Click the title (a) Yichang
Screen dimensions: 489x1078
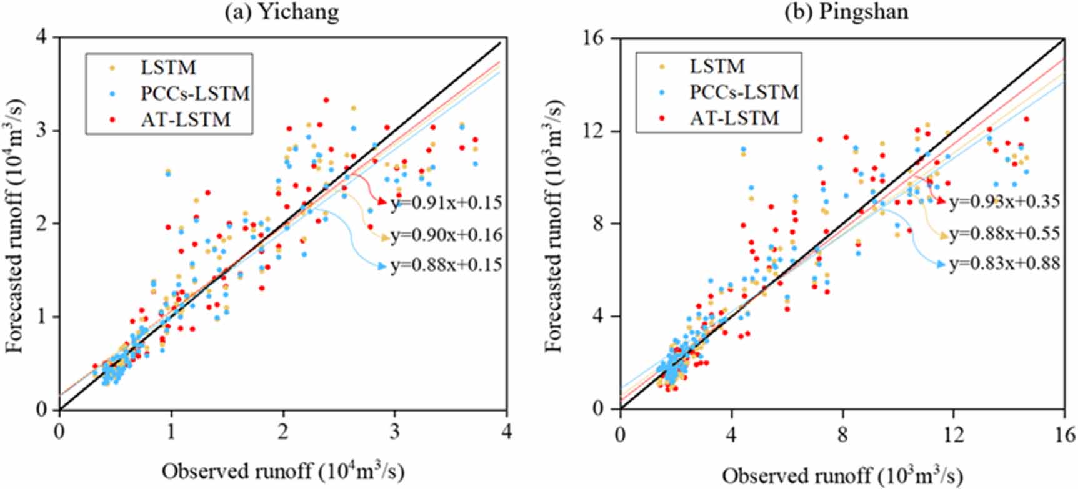pos(282,12)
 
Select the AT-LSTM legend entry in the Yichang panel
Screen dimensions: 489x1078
pos(186,119)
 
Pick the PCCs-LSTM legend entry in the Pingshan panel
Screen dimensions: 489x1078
pos(744,92)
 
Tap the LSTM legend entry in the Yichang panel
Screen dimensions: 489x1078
pos(168,67)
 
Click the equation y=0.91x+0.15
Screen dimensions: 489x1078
pos(446,203)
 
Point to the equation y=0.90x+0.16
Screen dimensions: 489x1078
pos(446,235)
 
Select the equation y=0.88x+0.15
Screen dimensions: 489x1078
pos(446,265)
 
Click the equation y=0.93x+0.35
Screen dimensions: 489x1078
pos(1004,202)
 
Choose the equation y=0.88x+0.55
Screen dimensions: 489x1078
pos(1004,233)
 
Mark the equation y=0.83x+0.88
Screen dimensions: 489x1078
pos(1004,264)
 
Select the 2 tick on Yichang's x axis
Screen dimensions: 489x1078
pos(283,432)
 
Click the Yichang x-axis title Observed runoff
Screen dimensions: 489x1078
pos(282,471)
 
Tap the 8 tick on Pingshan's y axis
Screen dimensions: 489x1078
pos(602,224)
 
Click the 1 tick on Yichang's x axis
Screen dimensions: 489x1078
pos(171,432)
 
